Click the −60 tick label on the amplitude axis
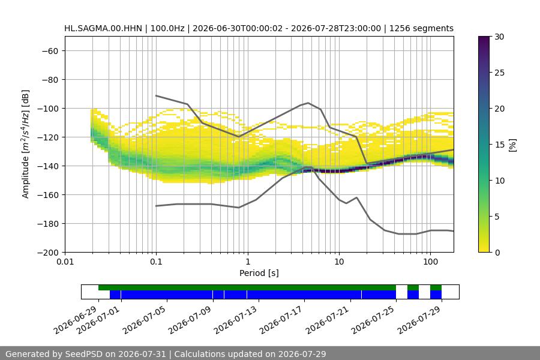click(50, 51)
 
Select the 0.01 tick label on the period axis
click(65, 262)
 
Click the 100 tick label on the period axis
click(430, 262)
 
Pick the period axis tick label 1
click(248, 262)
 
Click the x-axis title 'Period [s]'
click(259, 273)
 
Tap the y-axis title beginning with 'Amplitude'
click(26, 144)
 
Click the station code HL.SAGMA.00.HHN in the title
click(103, 28)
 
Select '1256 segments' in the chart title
click(421, 28)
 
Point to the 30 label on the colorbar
click(499, 37)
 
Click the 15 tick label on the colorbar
click(499, 145)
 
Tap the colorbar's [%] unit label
click(513, 145)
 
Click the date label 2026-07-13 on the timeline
click(236, 320)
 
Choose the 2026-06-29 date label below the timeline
click(75, 320)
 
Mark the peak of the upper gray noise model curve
click(308, 103)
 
